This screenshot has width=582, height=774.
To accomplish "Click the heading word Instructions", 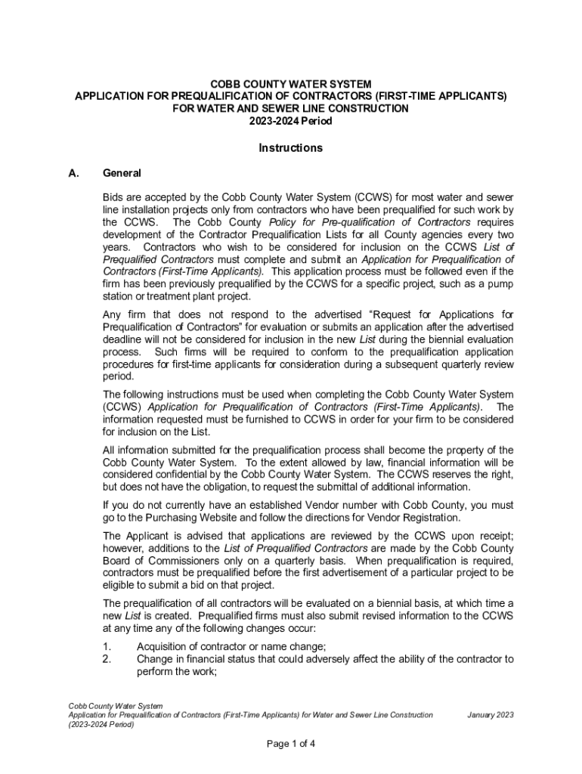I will [x=291, y=148].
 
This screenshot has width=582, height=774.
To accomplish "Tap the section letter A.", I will [x=73, y=173].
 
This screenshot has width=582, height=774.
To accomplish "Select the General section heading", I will [x=122, y=173].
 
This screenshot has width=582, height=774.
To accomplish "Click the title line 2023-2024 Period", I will [x=291, y=121].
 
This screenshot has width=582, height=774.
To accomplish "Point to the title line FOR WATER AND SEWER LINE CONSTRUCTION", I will [x=291, y=109].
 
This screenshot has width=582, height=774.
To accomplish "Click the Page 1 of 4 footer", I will [x=291, y=743].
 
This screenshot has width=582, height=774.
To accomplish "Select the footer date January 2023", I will [x=491, y=714].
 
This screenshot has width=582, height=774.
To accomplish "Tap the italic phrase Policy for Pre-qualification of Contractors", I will [x=370, y=222].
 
